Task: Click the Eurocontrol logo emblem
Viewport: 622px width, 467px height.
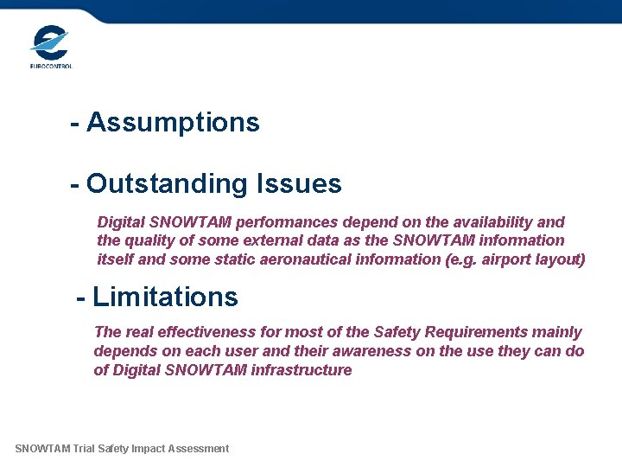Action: [50, 41]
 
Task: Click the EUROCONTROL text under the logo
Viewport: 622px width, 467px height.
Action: [51, 66]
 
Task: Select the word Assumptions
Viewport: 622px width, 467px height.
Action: [173, 123]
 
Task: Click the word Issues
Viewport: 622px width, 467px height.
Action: [299, 183]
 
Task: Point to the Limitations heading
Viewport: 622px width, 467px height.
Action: [164, 297]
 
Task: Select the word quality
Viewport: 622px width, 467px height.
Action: [151, 240]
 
